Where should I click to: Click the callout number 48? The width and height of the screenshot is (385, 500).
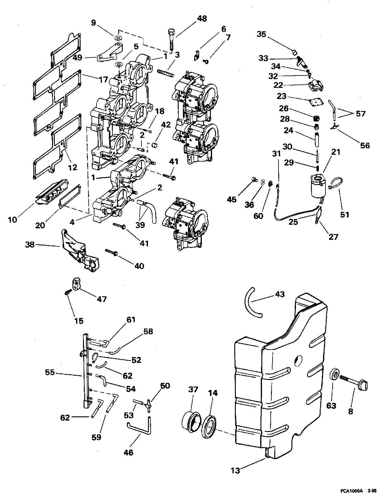(x=202, y=19)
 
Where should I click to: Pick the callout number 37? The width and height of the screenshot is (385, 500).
(x=193, y=390)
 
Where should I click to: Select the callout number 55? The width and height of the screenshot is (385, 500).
(x=50, y=372)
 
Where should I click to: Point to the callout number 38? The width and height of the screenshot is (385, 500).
(x=30, y=245)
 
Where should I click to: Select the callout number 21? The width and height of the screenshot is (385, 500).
(x=336, y=152)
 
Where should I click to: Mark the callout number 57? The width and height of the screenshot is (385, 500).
(x=361, y=114)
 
